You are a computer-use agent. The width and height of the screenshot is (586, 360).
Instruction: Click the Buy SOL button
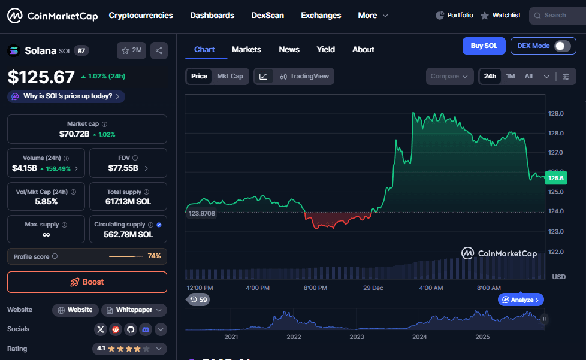(484, 46)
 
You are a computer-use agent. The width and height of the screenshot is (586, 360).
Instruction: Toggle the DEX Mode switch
(561, 46)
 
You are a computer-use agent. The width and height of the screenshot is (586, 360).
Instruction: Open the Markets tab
(246, 49)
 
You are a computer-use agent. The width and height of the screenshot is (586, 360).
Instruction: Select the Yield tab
(326, 49)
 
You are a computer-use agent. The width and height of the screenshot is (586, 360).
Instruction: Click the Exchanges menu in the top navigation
(321, 16)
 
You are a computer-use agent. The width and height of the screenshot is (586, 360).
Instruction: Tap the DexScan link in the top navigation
(267, 16)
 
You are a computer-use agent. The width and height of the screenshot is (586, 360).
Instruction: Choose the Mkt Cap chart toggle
(230, 76)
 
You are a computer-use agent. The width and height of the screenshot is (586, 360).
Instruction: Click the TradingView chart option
(304, 76)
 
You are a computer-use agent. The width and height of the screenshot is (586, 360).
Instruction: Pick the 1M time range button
(511, 76)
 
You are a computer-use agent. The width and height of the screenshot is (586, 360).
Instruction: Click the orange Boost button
(87, 282)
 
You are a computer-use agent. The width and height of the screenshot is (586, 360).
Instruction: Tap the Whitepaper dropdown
(134, 310)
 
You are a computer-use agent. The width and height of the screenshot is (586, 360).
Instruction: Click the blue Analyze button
(521, 300)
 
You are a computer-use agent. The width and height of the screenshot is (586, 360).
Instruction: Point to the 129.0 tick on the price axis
(555, 113)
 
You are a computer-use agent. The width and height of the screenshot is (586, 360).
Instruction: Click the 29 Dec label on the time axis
(373, 288)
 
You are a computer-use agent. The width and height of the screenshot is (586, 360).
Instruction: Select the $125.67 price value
(41, 77)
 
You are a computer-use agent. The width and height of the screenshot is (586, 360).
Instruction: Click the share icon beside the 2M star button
(159, 51)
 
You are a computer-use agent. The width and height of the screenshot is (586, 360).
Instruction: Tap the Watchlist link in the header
(500, 16)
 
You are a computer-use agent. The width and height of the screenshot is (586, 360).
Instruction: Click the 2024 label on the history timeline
(419, 337)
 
